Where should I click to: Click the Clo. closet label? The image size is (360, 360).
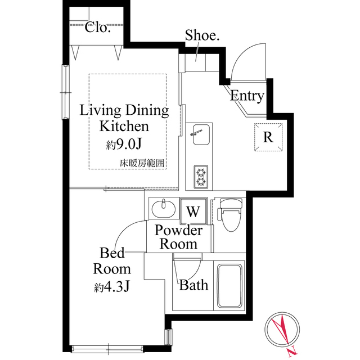click(x=98, y=27)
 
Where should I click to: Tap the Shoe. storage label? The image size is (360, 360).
click(x=198, y=36)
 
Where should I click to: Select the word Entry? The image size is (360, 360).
click(x=247, y=96)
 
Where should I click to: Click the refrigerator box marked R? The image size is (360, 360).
click(x=268, y=137)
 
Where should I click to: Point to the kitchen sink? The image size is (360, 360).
click(x=199, y=134)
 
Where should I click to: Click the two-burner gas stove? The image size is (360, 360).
click(x=201, y=177)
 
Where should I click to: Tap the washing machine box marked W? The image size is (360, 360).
click(x=193, y=212)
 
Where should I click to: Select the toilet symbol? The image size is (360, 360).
click(x=229, y=215)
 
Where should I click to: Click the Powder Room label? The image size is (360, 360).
click(x=179, y=237)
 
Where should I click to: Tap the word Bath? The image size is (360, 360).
click(x=193, y=285)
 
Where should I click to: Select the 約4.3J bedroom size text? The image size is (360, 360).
click(x=112, y=287)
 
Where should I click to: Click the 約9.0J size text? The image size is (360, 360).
click(x=124, y=145)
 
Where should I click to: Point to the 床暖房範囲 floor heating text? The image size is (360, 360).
click(x=143, y=163)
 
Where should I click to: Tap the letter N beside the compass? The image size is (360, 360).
click(x=291, y=353)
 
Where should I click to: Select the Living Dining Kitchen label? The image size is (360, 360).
click(x=124, y=118)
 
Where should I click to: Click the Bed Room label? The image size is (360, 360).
click(x=112, y=260)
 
